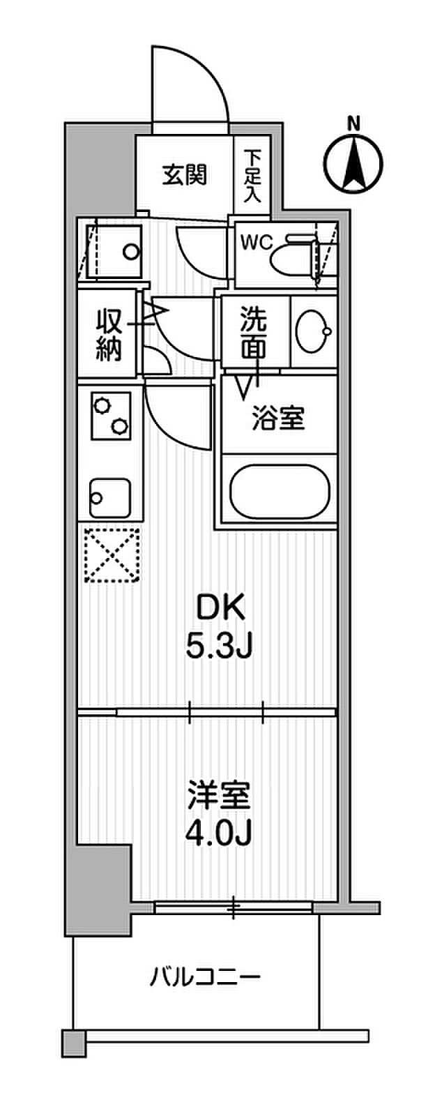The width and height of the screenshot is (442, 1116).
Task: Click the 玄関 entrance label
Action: point(185,174)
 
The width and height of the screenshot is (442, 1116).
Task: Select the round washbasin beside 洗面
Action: point(312,332)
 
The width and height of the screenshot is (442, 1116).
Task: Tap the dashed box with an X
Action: point(112,555)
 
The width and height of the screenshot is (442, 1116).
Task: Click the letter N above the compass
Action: point(354,125)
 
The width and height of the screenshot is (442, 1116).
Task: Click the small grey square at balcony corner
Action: point(72,1042)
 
